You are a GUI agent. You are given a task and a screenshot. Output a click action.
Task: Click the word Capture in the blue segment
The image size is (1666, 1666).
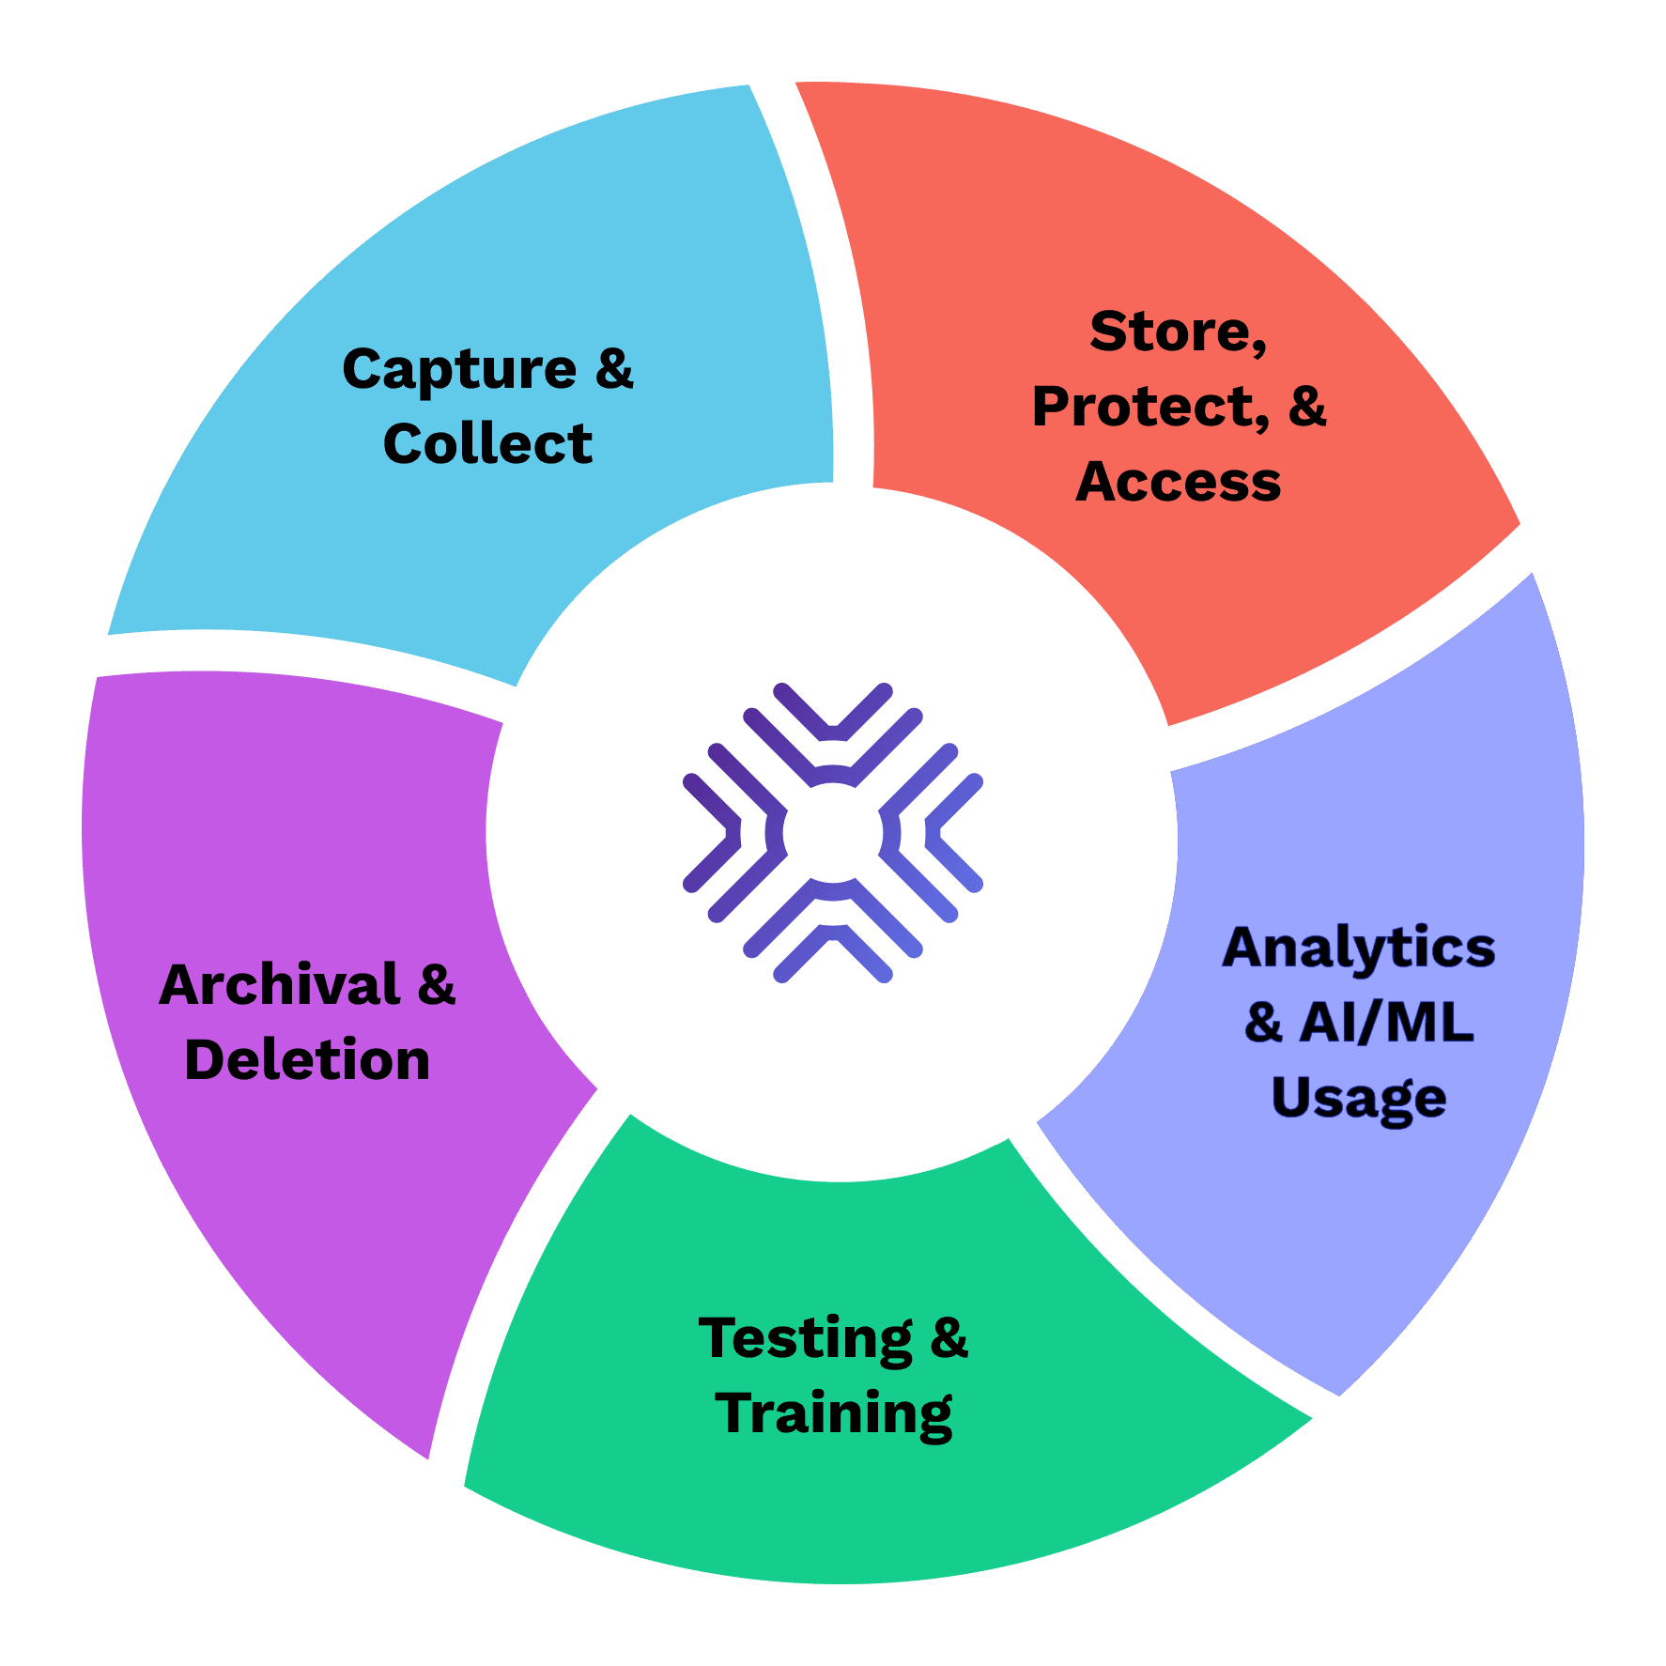pos(459,369)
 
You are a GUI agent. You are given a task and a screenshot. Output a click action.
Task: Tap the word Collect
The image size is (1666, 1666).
pos(487,443)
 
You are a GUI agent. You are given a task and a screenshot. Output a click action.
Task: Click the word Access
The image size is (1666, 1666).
pos(1178,482)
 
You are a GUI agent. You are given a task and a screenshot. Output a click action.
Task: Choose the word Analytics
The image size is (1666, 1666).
pos(1358,948)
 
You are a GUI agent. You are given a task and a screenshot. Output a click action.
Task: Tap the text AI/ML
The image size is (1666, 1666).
pos(1386,1023)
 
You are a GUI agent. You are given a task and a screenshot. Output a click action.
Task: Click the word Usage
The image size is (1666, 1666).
pos(1358,1098)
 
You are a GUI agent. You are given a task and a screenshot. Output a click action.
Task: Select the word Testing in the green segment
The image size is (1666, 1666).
pos(806,1338)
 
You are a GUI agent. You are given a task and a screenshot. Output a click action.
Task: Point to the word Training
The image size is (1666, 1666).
pos(834,1413)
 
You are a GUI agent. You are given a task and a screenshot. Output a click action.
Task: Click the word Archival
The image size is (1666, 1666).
pos(280,985)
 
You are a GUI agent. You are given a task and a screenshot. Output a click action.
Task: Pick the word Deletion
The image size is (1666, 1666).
pos(307,1060)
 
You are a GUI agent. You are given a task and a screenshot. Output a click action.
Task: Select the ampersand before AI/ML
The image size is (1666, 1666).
pos(1263,1023)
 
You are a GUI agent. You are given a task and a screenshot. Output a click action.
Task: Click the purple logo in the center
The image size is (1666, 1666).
pos(833,833)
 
